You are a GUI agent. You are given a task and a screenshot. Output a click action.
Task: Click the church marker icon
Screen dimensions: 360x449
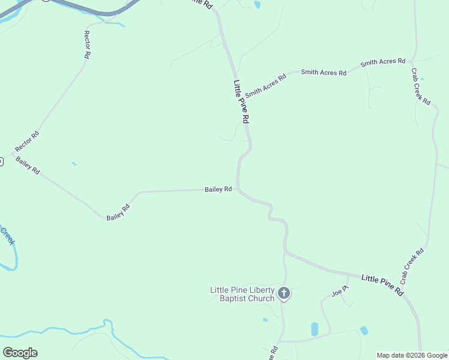coord(284,293)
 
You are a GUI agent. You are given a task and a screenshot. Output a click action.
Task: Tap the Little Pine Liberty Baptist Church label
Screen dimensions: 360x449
coord(242,294)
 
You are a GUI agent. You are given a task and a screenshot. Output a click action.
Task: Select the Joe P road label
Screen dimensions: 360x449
coord(340,292)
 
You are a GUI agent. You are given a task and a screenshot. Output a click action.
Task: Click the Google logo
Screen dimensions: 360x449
coord(20,352)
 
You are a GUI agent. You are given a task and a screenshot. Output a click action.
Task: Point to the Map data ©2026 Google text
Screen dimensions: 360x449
coord(412,355)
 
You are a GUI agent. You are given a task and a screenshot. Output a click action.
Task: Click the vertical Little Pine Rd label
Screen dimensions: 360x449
coord(241,102)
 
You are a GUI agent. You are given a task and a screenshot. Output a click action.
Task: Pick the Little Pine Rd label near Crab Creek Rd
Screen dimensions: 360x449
coord(382,284)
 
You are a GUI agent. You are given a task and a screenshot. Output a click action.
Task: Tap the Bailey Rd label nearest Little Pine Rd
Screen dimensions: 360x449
coord(218,189)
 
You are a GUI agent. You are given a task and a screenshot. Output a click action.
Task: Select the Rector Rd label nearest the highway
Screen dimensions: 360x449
coord(87,44)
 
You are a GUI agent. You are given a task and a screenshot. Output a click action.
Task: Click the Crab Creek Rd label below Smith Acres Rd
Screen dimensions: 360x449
coord(420,86)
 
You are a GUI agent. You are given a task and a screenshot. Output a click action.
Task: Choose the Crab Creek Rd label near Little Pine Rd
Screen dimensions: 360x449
coord(412,266)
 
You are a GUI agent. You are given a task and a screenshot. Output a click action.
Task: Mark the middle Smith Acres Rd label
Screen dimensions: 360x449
coord(324,72)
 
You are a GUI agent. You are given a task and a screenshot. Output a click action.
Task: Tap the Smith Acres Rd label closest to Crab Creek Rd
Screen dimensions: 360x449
coord(382,62)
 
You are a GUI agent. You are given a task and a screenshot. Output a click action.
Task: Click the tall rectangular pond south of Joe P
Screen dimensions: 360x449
coord(315,329)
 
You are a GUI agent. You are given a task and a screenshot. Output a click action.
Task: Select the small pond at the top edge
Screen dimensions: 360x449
coord(258,5)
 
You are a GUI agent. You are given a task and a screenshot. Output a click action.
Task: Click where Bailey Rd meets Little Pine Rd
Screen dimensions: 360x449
coord(238,190)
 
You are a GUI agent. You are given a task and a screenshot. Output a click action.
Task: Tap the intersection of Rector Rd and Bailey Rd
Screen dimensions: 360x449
coord(11,154)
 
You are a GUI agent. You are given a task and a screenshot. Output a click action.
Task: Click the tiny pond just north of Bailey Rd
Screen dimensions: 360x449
coord(74,163)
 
